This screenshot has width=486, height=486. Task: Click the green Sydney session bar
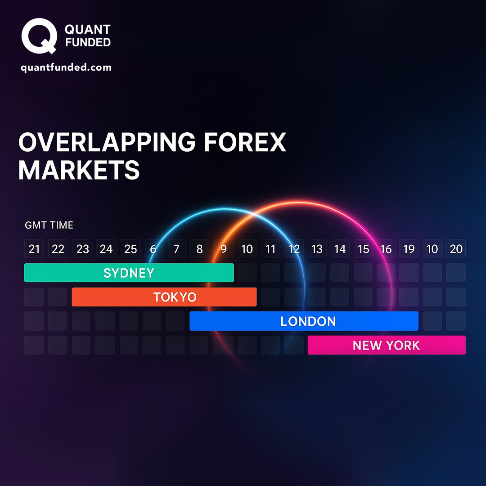[x=129, y=273]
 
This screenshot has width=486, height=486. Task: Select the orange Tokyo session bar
[x=164, y=297]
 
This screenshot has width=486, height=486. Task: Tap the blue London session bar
[x=304, y=321]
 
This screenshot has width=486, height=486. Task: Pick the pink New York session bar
[x=387, y=345]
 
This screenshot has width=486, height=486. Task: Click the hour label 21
[x=34, y=249]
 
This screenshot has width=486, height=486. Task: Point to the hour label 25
[x=130, y=249]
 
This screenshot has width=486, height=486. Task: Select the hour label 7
[x=176, y=249]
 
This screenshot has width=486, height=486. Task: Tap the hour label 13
[x=317, y=249]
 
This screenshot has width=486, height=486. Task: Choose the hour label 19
[x=409, y=249]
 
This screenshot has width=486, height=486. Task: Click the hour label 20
[x=456, y=249]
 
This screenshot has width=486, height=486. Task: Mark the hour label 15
[x=363, y=249]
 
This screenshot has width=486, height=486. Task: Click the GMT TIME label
[x=49, y=225]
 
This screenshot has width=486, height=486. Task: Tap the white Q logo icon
[x=39, y=36]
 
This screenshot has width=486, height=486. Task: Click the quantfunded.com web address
[x=66, y=67]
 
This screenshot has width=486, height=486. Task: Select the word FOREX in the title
[x=245, y=142]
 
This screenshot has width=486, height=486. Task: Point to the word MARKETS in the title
[x=79, y=170]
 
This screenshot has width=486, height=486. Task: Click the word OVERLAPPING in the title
[x=107, y=142]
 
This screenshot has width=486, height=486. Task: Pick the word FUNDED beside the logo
[x=88, y=42]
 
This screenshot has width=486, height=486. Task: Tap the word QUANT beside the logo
[x=88, y=29]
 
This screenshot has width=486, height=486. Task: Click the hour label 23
[x=82, y=249]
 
